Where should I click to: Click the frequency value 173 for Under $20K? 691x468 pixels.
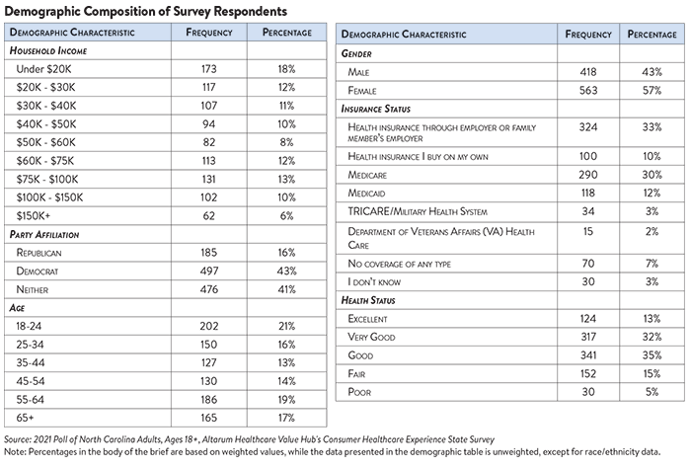[x=209, y=69]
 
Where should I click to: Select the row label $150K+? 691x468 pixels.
[x=34, y=216]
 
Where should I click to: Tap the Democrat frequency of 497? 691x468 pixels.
[x=209, y=271]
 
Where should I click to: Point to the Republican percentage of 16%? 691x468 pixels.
[x=286, y=253]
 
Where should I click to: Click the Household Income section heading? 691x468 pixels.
[x=48, y=51]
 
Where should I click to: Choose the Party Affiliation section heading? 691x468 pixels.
[x=44, y=234]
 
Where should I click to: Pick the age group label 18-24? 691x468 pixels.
[x=29, y=326]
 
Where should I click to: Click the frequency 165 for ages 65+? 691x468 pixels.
[x=209, y=418]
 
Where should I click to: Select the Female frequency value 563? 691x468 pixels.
[x=588, y=90]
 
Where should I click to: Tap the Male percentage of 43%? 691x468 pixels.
[x=652, y=72]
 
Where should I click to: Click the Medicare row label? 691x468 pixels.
[x=367, y=175]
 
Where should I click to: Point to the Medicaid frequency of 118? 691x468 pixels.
[x=588, y=193]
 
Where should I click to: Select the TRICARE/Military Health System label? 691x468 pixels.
[x=418, y=211]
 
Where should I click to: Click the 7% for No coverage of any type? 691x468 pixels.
[x=652, y=264]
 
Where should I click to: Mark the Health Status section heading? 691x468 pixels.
[x=368, y=300]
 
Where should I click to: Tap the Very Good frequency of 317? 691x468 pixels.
[x=588, y=337]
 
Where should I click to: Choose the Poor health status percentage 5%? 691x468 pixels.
[x=652, y=392]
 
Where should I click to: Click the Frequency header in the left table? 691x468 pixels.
[x=209, y=33]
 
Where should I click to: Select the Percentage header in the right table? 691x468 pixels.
[x=652, y=35]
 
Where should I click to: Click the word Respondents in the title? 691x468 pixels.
[x=251, y=11]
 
